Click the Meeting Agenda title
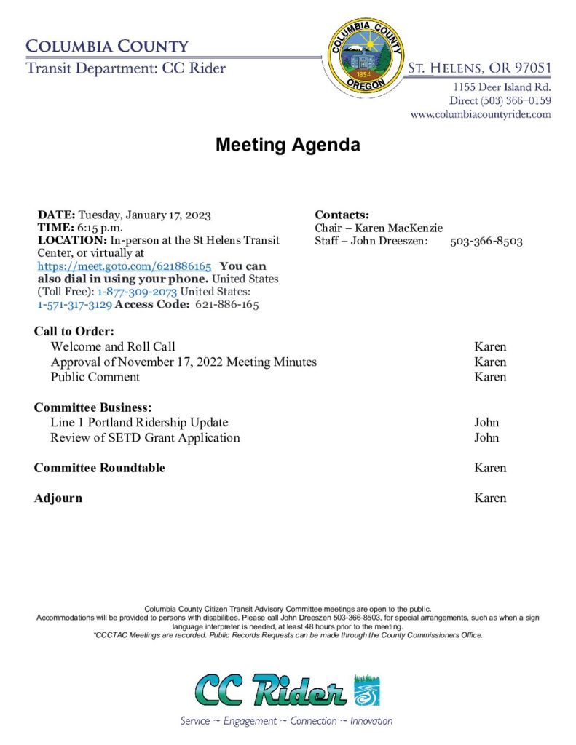(288, 145)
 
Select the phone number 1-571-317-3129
(74, 305)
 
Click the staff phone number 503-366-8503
(486, 241)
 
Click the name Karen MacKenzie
(398, 228)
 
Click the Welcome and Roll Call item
(113, 346)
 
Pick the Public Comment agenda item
(95, 377)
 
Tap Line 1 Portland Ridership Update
(139, 422)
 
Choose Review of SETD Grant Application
(145, 437)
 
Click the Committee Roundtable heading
(99, 468)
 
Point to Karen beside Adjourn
(490, 498)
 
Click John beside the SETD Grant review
(486, 437)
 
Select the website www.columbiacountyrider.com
(481, 114)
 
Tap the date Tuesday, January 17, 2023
(144, 215)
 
